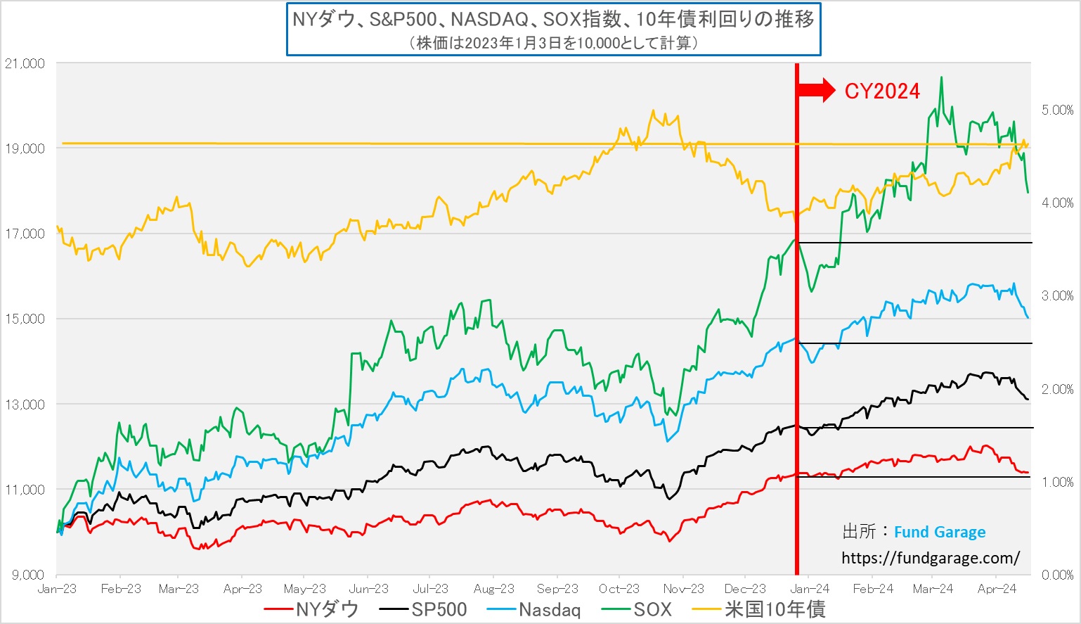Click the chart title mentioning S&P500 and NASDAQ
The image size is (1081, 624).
(553, 20)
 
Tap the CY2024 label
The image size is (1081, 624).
(882, 91)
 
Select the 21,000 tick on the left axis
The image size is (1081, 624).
(25, 63)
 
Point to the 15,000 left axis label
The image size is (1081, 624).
(25, 319)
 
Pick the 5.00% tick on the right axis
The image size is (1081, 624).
(1057, 110)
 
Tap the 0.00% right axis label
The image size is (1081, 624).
(1057, 575)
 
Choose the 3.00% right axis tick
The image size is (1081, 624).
(1057, 296)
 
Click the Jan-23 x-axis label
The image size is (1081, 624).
(57, 589)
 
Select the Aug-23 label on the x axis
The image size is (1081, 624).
(494, 589)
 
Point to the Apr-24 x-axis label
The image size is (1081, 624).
(997, 589)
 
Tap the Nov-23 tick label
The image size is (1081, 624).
(683, 589)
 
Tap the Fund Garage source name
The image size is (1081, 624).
(939, 533)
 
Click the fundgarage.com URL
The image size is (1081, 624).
(930, 559)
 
